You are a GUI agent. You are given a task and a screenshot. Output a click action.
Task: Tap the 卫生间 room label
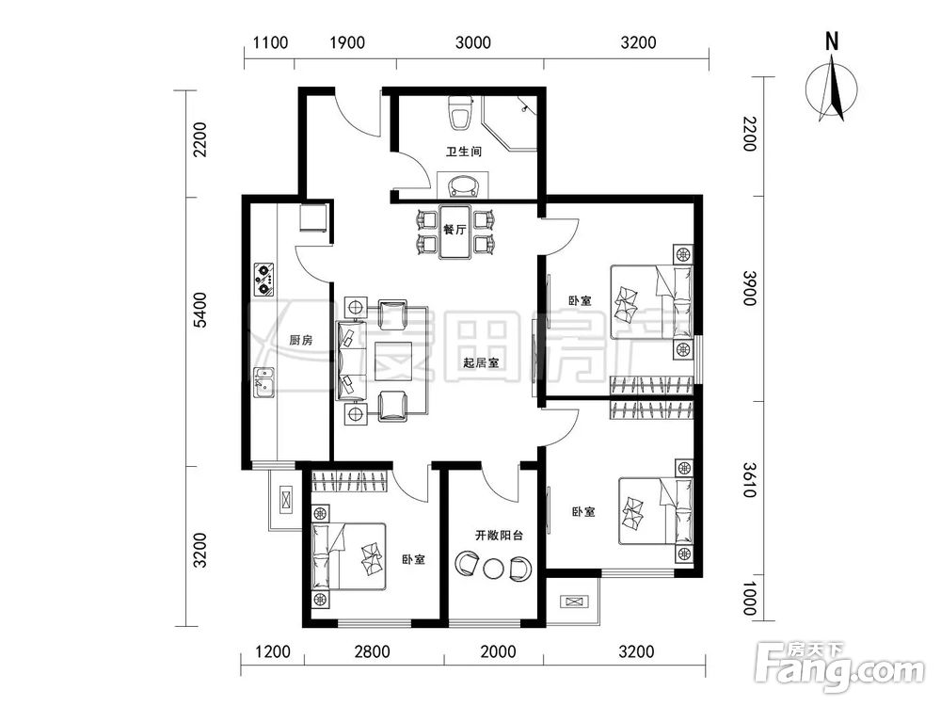pos(463,152)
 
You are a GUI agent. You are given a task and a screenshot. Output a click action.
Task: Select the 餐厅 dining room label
pos(455,230)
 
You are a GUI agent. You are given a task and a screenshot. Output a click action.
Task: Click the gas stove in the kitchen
pos(264,280)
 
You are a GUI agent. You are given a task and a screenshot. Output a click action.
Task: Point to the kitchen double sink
pos(263,382)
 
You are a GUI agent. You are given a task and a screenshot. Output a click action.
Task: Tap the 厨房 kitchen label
pos(301,341)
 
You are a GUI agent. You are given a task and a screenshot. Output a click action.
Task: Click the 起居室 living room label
pos(481,363)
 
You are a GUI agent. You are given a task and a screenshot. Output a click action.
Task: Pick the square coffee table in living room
pos(393,361)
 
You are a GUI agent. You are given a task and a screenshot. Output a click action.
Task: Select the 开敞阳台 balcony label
pos(499,535)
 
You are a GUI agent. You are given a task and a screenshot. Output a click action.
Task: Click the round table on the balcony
pos(494,569)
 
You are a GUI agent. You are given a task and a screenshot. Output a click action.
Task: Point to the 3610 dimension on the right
pos(748,480)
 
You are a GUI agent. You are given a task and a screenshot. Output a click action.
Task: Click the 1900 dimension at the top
pos(347,42)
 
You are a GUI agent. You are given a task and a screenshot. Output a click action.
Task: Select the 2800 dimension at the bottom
pos(372,651)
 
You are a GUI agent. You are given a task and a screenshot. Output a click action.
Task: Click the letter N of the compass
pos(832,41)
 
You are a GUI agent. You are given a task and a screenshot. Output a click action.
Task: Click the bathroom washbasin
pos(463,185)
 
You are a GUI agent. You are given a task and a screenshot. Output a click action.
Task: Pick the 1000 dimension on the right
pos(748,599)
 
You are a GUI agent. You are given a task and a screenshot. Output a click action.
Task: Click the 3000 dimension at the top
pos(473,42)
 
